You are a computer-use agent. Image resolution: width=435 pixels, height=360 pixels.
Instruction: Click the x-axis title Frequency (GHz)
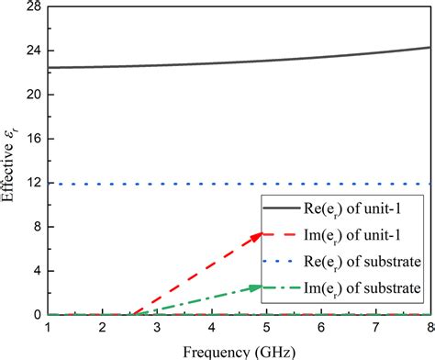point(239,350)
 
